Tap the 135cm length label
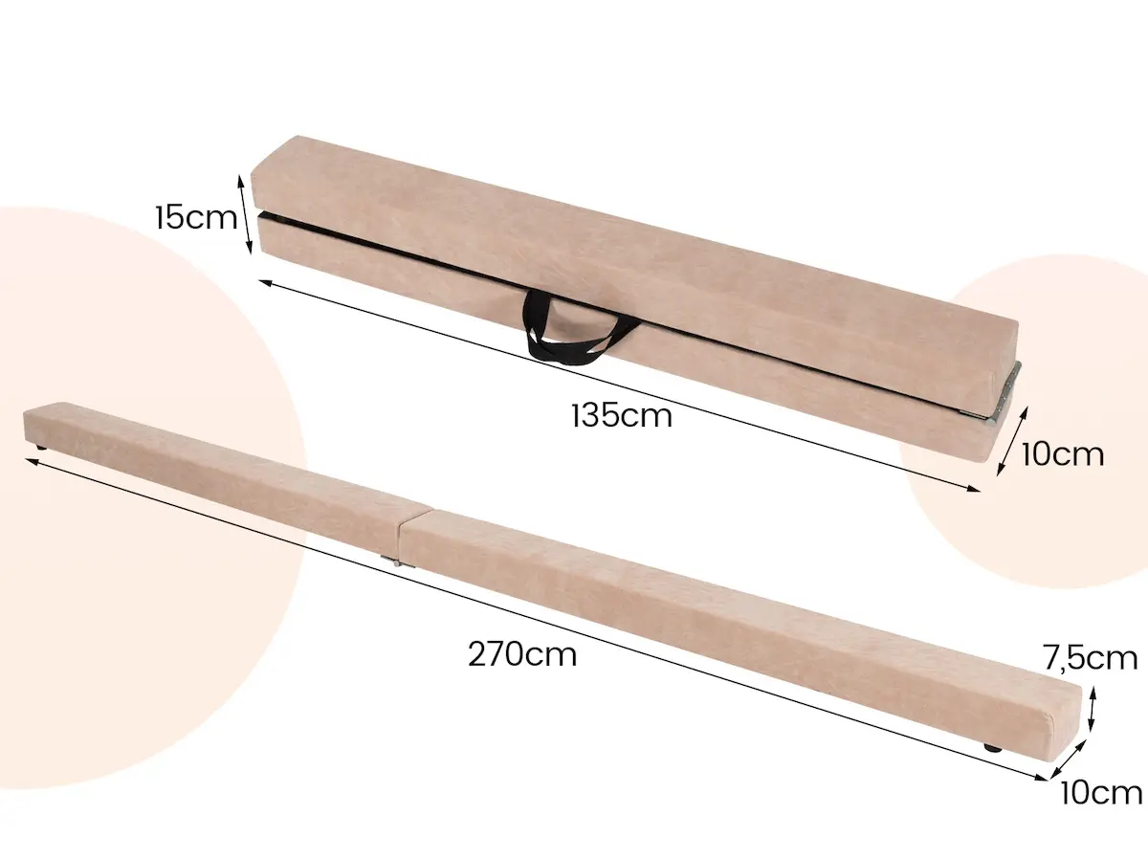(x=622, y=416)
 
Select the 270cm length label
(x=522, y=654)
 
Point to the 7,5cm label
(x=1090, y=658)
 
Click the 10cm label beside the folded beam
(x=1062, y=453)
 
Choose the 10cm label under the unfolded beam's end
(x=1100, y=792)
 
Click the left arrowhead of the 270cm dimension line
(x=32, y=462)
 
